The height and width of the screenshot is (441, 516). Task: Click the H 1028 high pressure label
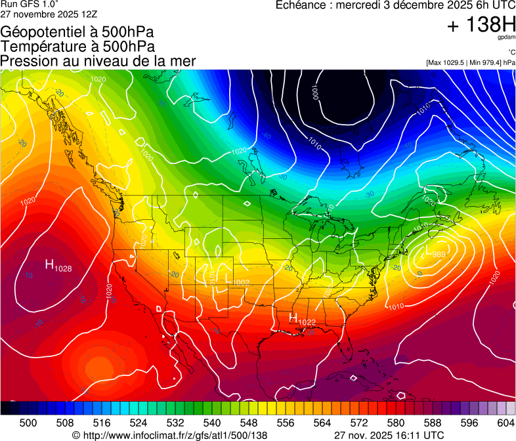(x=58, y=265)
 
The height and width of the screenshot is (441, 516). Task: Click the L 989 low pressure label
(x=436, y=253)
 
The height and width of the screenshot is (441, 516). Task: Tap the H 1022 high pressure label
(x=303, y=319)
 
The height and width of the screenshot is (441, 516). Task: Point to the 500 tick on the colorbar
(x=28, y=423)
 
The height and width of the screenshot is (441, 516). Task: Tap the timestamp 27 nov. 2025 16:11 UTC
(x=389, y=435)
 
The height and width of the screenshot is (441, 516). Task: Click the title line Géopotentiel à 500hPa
(x=77, y=32)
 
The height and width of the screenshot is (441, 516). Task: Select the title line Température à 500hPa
(x=78, y=47)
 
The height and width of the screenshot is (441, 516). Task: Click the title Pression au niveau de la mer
(x=98, y=61)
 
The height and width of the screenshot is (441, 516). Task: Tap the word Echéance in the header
(x=303, y=5)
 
